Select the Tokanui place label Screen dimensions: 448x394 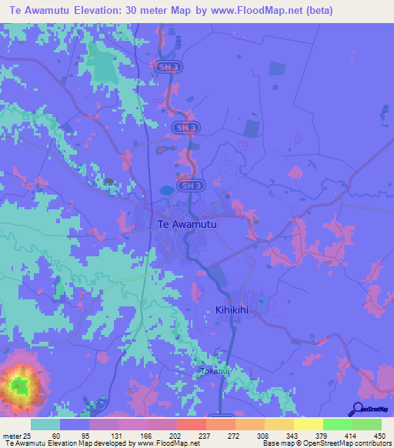(x=215, y=370)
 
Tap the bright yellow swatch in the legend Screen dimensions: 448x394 (x=308, y=424)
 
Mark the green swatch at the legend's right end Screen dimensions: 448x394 (x=366, y=424)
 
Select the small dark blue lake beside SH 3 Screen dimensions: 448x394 (x=165, y=189)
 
